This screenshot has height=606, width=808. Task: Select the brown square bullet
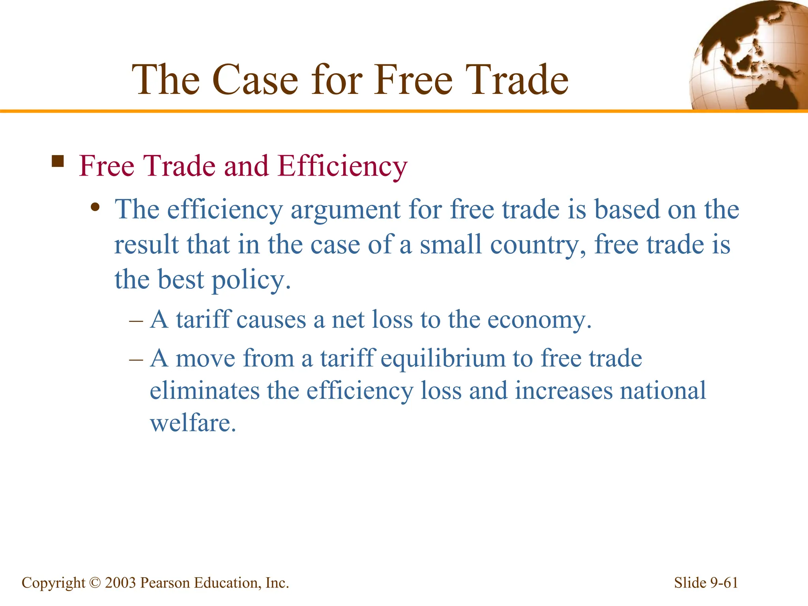click(x=58, y=161)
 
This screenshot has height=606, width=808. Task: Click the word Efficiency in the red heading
click(x=342, y=166)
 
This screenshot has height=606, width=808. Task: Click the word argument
click(x=345, y=210)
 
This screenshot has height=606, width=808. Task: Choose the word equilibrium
click(x=443, y=359)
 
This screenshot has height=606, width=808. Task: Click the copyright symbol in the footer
click(x=95, y=583)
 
